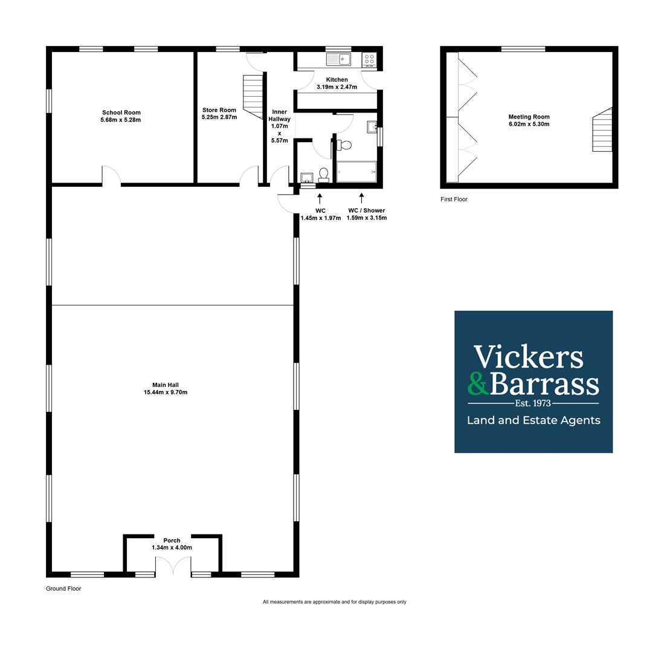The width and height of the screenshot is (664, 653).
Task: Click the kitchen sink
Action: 338,59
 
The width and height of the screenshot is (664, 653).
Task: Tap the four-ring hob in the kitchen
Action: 369,59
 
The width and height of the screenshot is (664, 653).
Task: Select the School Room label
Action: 121,112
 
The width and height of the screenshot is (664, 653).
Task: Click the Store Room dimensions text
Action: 219,117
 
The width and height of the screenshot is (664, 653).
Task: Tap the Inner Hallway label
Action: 280,115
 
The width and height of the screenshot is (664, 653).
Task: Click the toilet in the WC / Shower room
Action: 344,145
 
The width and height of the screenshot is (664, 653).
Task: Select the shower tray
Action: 356,172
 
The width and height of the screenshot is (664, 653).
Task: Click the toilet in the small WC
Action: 324,175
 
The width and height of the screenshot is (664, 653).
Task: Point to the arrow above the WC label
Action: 320,198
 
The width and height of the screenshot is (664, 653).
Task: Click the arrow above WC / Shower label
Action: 361,198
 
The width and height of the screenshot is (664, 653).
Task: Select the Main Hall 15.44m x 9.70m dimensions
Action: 166,392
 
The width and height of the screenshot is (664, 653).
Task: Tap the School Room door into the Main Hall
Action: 111,175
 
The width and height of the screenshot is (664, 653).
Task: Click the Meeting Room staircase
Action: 602,129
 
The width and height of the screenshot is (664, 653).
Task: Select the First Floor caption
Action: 454,199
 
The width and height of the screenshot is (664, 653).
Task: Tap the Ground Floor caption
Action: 63,588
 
